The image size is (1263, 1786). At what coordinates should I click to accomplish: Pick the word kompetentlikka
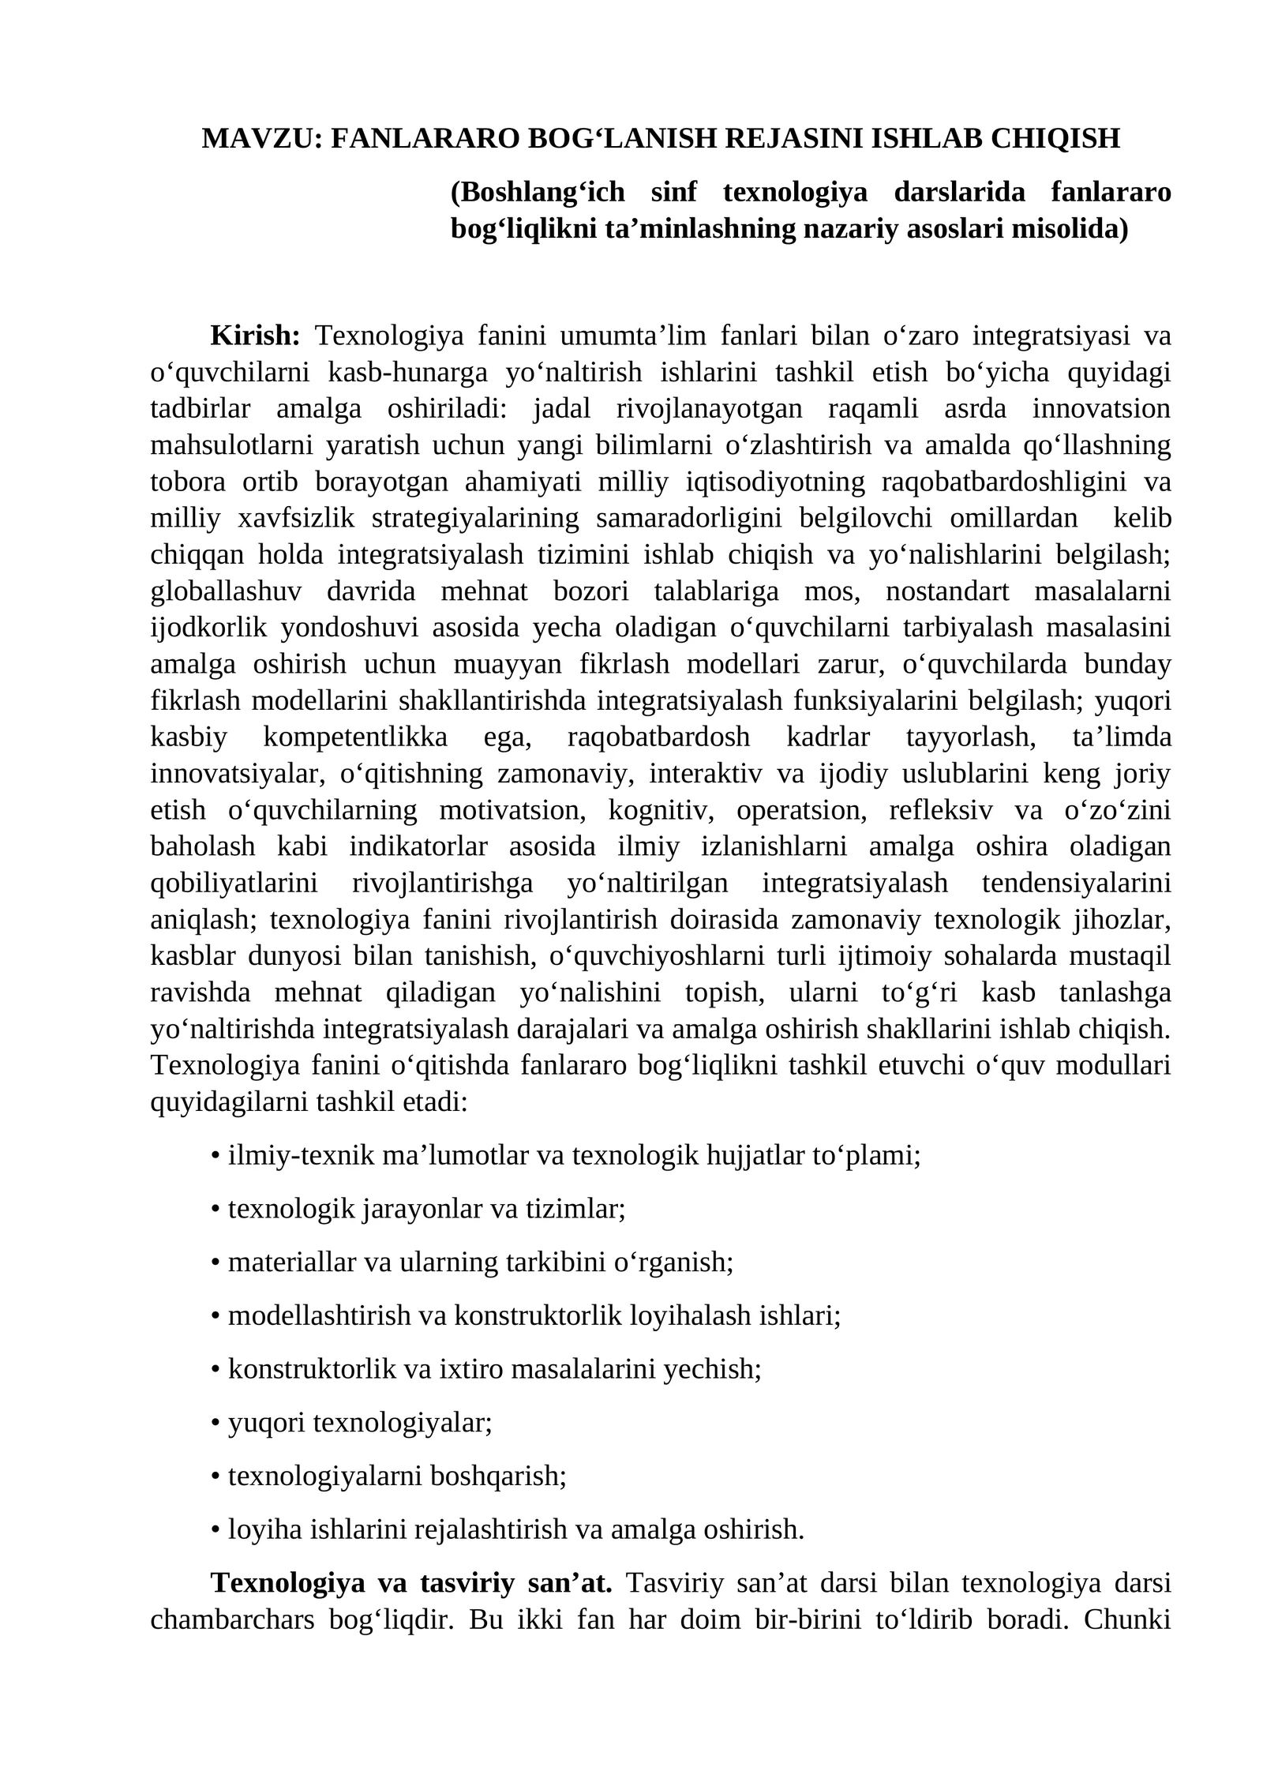click(355, 737)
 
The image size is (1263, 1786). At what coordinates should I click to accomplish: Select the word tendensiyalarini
click(1076, 883)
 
